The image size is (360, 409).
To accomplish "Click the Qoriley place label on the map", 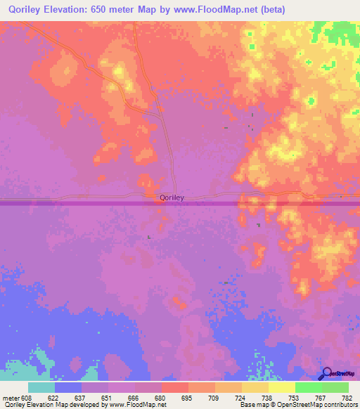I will (x=172, y=198).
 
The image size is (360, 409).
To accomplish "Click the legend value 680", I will (x=161, y=398).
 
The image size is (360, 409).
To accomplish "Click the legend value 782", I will (x=347, y=398).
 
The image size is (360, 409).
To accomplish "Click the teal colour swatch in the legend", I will (x=41, y=387).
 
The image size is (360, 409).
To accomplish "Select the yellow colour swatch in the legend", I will (x=282, y=387).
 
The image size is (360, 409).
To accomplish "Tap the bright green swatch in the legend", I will (x=309, y=387).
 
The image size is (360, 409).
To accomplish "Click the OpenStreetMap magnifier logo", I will (x=326, y=374).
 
